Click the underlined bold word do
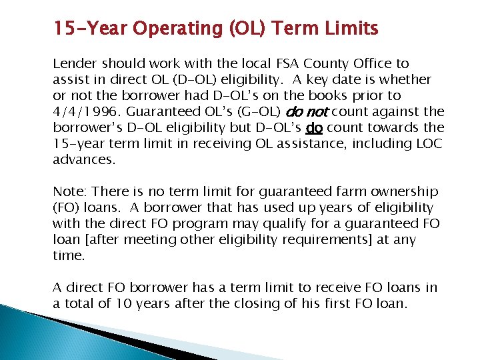click(313, 127)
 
